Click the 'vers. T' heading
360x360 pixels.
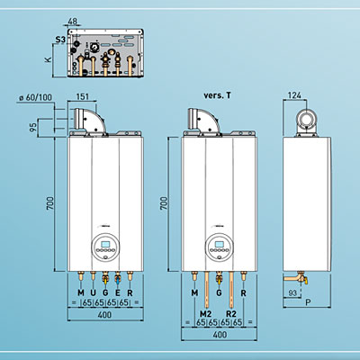pyautogui.click(x=218, y=95)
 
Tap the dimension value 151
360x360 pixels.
pyautogui.click(x=83, y=96)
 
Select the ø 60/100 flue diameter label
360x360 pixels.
pyautogui.click(x=35, y=97)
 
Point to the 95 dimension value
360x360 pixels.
pyautogui.click(x=33, y=127)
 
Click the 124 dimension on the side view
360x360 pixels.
pyautogui.click(x=294, y=95)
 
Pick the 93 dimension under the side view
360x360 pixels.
pyautogui.click(x=292, y=292)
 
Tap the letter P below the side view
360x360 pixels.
pyautogui.click(x=308, y=302)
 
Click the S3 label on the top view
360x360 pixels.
pyautogui.click(x=60, y=40)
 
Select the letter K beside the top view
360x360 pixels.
pyautogui.click(x=48, y=59)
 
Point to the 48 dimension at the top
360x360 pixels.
pyautogui.click(x=73, y=22)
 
